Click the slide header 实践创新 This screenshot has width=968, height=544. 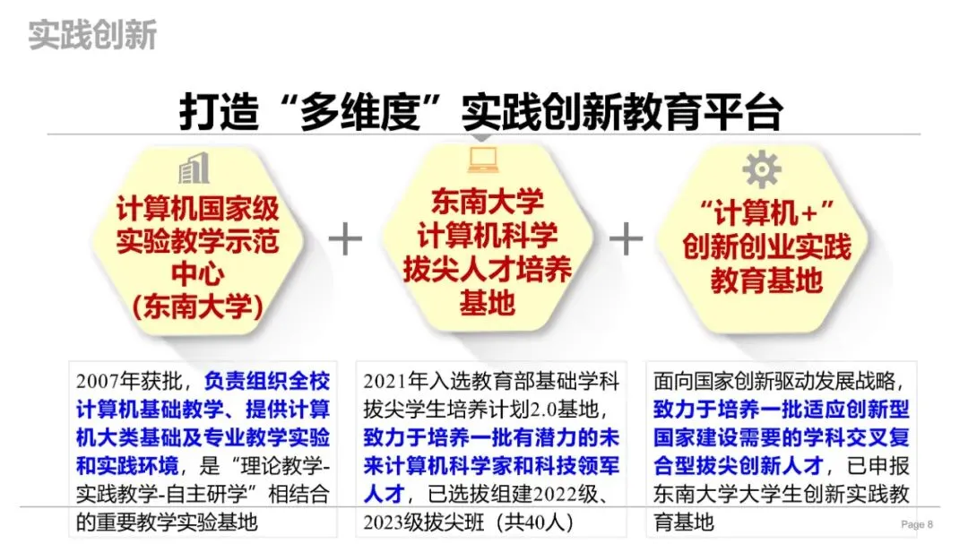(92, 35)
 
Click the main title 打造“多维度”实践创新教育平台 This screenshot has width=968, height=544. (481, 114)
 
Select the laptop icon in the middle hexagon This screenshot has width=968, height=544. (483, 159)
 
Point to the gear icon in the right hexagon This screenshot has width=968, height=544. (762, 168)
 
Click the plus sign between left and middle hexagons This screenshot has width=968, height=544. (345, 239)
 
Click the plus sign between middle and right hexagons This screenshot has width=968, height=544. (626, 239)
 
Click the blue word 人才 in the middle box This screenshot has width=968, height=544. (383, 493)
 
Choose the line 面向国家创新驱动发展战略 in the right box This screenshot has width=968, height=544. (773, 381)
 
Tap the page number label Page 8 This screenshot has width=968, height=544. (916, 524)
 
